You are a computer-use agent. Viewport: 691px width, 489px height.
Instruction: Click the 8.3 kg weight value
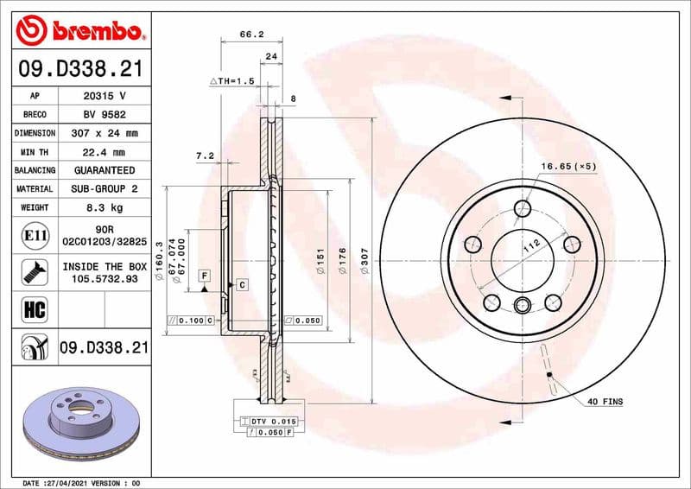[x=105, y=207]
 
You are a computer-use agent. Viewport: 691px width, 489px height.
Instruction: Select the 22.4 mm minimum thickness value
[x=105, y=151]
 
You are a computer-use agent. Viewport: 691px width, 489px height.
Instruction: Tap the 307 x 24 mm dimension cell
[x=105, y=133]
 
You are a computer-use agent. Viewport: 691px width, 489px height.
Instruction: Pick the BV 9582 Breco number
[x=105, y=114]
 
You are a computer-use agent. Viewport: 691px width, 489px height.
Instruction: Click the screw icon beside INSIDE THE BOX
[x=31, y=273]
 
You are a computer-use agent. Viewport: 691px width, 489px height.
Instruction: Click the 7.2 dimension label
[x=205, y=156]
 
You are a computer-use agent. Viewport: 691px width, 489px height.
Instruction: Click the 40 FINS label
[x=605, y=402]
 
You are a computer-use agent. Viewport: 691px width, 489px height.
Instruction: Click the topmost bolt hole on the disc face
[x=522, y=208]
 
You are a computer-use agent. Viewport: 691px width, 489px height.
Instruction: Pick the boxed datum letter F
[x=205, y=276]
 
